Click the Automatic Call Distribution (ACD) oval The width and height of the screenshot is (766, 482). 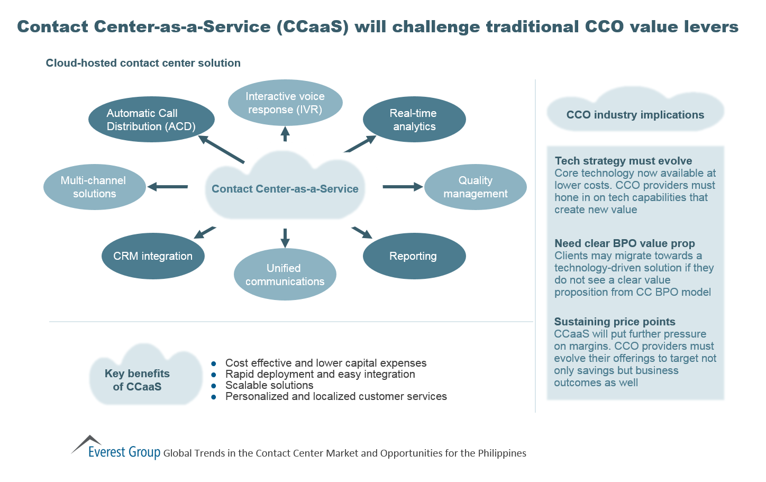[x=151, y=120]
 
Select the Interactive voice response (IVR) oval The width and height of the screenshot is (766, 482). [x=285, y=103]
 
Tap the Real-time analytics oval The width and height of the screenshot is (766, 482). [x=414, y=120]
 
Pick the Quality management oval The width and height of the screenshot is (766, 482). [x=475, y=187]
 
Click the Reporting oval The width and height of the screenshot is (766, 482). [x=414, y=256]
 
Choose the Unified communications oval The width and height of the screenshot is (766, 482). [x=285, y=275]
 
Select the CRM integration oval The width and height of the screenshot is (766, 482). [x=153, y=256]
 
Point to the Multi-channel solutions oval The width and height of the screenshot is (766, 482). [x=94, y=187]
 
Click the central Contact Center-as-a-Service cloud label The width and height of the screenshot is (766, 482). [x=285, y=189]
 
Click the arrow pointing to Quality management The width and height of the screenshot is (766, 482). [x=402, y=187]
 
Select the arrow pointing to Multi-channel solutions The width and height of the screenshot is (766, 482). [x=168, y=187]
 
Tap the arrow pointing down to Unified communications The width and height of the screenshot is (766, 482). [x=285, y=238]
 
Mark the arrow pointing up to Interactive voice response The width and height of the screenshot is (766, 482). [x=285, y=134]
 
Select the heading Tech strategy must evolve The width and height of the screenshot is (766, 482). [x=623, y=161]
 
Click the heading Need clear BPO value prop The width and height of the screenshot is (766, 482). [x=624, y=243]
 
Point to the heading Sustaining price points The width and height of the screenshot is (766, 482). [x=614, y=322]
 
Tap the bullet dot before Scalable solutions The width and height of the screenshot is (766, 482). [x=214, y=386]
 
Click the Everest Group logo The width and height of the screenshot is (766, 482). [x=116, y=449]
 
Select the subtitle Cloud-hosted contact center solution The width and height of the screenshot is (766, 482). [x=143, y=63]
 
